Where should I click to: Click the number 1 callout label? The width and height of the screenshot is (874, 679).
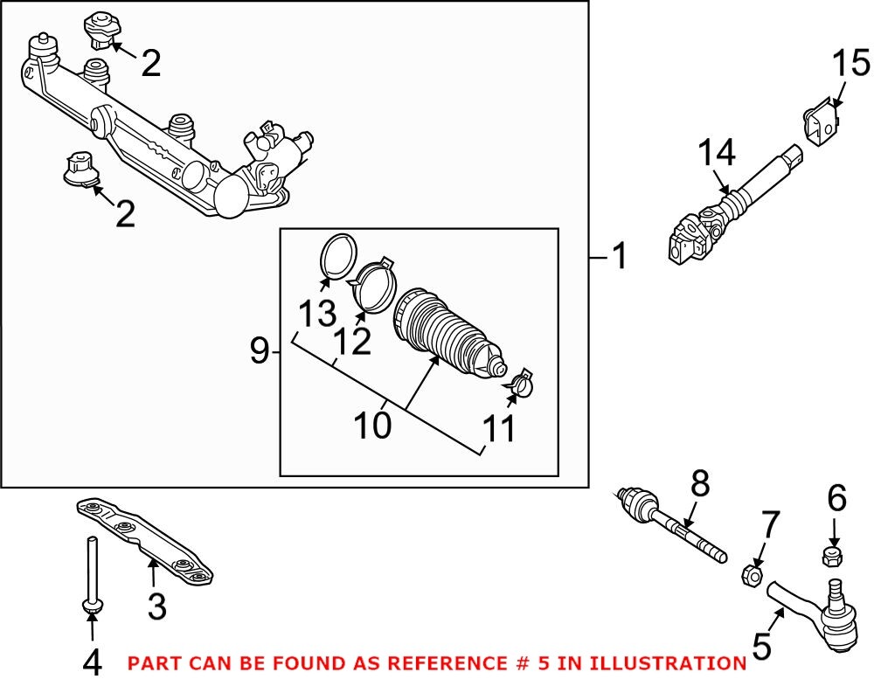click(619, 258)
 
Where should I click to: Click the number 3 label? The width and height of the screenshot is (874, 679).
click(156, 606)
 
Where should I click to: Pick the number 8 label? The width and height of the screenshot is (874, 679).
click(700, 483)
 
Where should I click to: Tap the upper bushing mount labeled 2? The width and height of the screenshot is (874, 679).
click(100, 29)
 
